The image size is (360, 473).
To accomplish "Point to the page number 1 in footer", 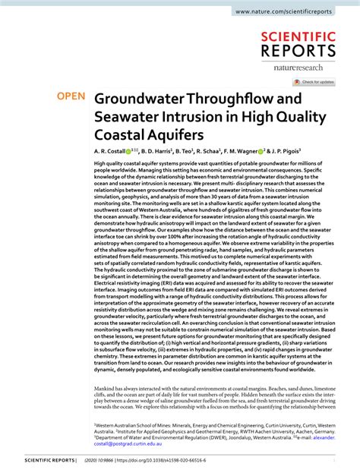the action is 334,460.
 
